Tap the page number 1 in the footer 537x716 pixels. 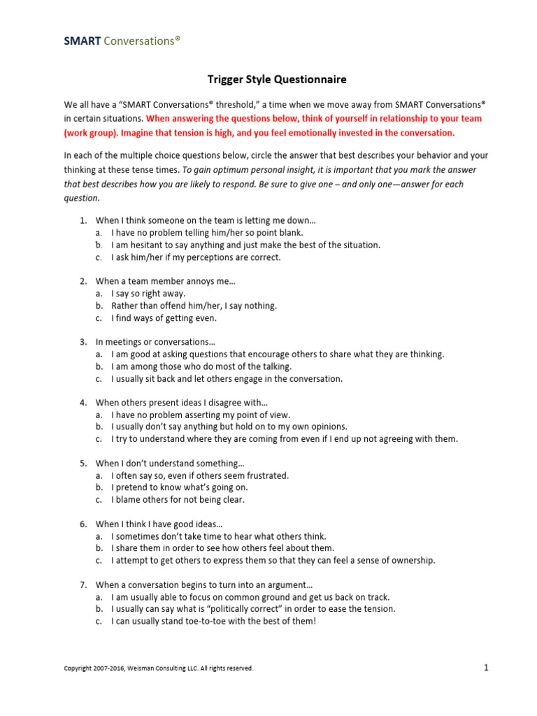coord(486,667)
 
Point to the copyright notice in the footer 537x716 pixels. coord(159,668)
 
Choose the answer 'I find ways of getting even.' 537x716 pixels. coord(164,318)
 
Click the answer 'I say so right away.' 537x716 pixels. coord(148,294)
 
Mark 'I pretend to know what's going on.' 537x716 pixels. coord(179,487)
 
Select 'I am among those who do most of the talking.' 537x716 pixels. coord(201,366)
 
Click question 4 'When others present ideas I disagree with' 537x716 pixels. coord(182,402)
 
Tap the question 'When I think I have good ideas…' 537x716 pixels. coord(163,524)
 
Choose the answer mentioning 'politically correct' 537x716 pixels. coord(253,609)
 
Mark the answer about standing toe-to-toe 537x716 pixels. coord(213,621)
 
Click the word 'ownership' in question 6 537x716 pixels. coord(415,560)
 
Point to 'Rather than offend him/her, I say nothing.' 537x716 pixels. coord(194,306)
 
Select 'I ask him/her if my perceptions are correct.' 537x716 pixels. coord(196,257)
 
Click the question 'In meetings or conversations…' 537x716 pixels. coord(155,342)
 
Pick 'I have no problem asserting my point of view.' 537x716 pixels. coord(201,415)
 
